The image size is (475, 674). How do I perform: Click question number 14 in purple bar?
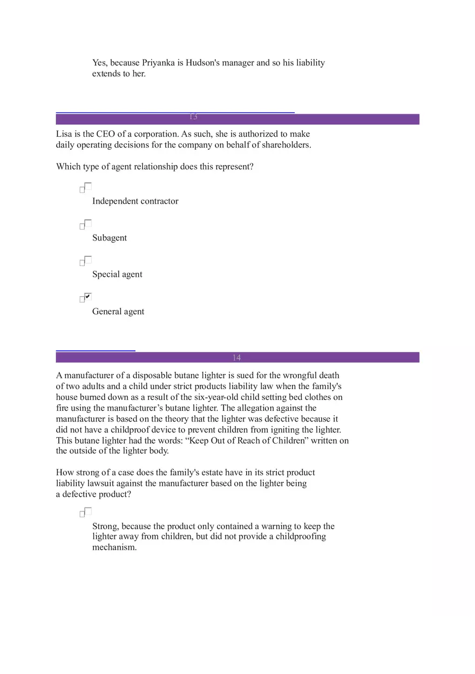[x=236, y=358]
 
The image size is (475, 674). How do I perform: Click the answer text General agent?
[x=118, y=311]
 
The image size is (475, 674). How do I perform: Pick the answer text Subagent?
[x=110, y=238]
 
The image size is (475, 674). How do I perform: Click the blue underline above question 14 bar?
[x=96, y=351]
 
